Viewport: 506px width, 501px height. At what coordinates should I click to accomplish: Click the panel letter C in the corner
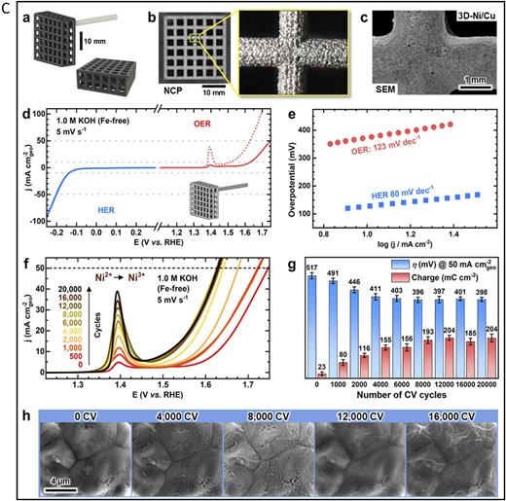(7, 8)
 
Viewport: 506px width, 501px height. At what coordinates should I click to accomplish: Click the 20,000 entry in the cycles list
(48, 291)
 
